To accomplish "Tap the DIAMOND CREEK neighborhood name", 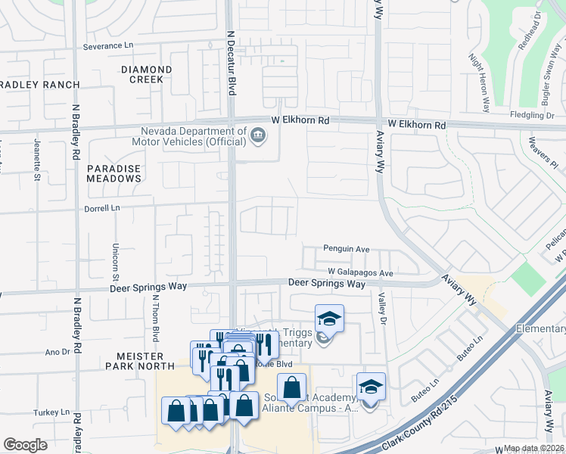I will (x=147, y=74).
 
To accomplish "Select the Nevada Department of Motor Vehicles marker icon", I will (x=258, y=135).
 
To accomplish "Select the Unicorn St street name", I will (x=116, y=257).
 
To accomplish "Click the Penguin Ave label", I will (x=346, y=248).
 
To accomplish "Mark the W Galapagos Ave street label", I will (x=361, y=272).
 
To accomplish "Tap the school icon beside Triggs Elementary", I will (x=329, y=319).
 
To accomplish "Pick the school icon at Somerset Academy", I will (x=371, y=387).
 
